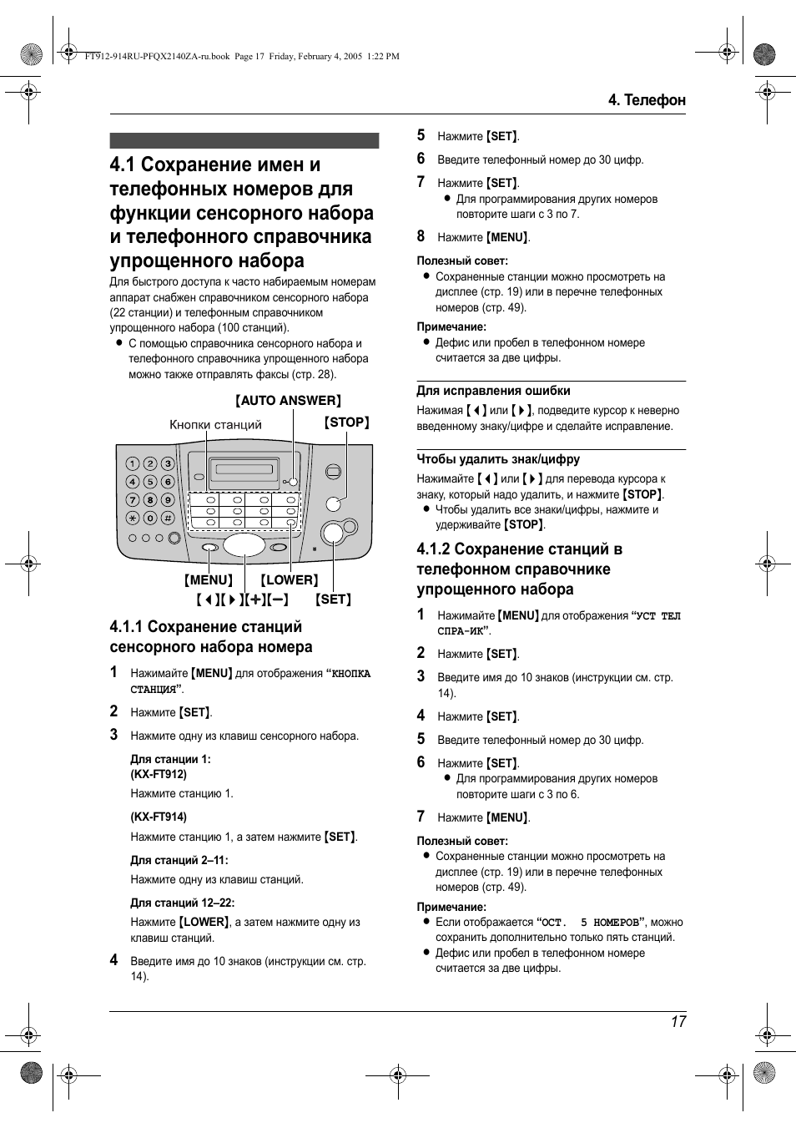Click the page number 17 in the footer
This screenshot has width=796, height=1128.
pos(678,1021)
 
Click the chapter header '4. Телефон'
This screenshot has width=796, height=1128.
pos(647,100)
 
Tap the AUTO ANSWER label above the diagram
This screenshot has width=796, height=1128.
pos(288,401)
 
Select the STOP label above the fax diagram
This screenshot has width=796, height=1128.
pos(346,422)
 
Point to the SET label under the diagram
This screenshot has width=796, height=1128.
pos(333,599)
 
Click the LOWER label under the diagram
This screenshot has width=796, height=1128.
pos(289,580)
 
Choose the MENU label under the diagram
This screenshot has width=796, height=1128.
pos(209,580)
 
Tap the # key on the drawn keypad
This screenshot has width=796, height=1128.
pos(168,518)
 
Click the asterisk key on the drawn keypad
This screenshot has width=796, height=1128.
pos(133,518)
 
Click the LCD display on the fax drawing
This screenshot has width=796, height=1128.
pos(244,469)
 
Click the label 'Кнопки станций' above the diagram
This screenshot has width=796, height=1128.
pos(215,425)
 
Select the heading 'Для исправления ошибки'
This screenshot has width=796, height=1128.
pos(493,391)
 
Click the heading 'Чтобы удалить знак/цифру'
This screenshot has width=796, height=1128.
pos(498,459)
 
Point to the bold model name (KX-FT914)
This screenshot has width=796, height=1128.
pos(159,817)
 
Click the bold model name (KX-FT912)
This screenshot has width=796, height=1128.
pos(159,775)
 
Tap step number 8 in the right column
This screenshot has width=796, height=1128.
pos(421,236)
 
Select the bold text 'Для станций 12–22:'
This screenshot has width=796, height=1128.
pos(182,903)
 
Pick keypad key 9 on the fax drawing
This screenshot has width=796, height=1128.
pos(168,499)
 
